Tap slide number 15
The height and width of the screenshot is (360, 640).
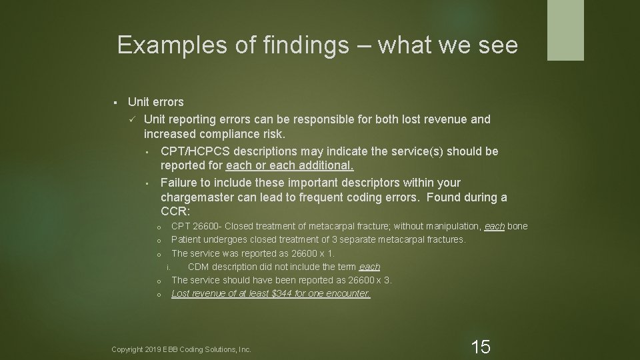coord(481,346)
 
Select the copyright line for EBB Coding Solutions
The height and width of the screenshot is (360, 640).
coord(181,349)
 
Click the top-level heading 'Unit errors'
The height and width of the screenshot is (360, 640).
coord(155,102)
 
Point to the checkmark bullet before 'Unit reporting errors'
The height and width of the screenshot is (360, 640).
coord(133,119)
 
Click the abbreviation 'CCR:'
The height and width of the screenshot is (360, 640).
coord(175,213)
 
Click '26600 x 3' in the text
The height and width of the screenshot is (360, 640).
coord(369,280)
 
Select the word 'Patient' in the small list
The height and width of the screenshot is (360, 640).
coord(186,239)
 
